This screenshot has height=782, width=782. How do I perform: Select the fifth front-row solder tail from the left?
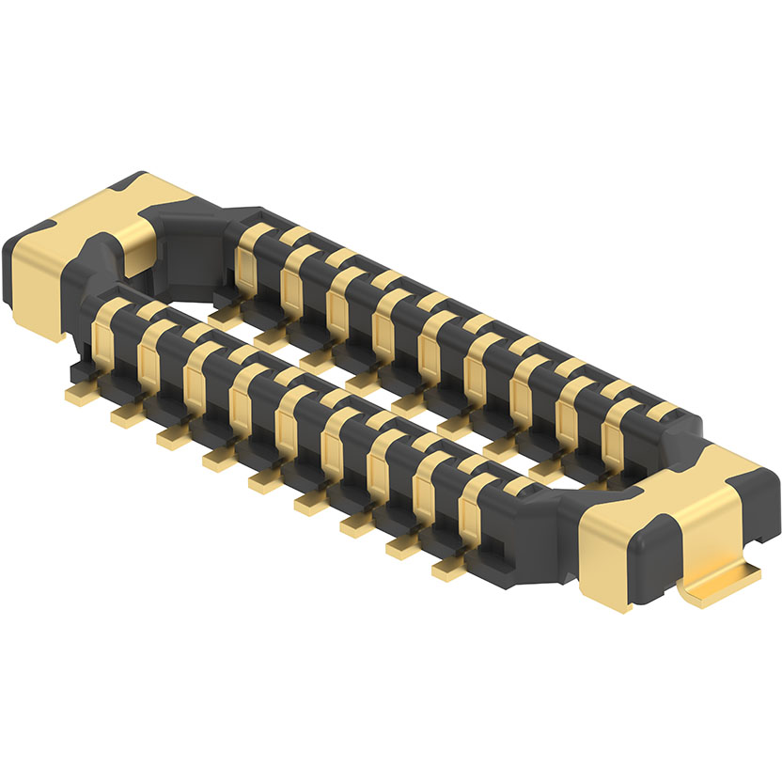tap(265, 481)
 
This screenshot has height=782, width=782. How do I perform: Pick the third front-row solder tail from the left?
tap(173, 438)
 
